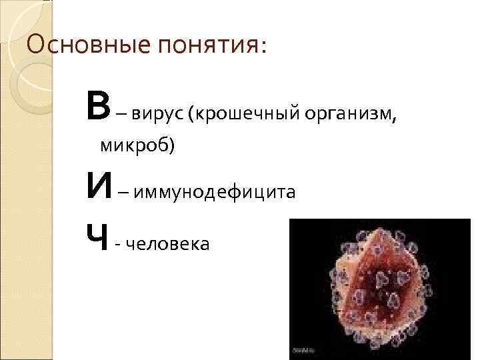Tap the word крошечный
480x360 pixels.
coord(246,114)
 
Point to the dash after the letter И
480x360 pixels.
coord(124,194)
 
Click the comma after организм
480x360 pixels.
coord(399,120)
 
